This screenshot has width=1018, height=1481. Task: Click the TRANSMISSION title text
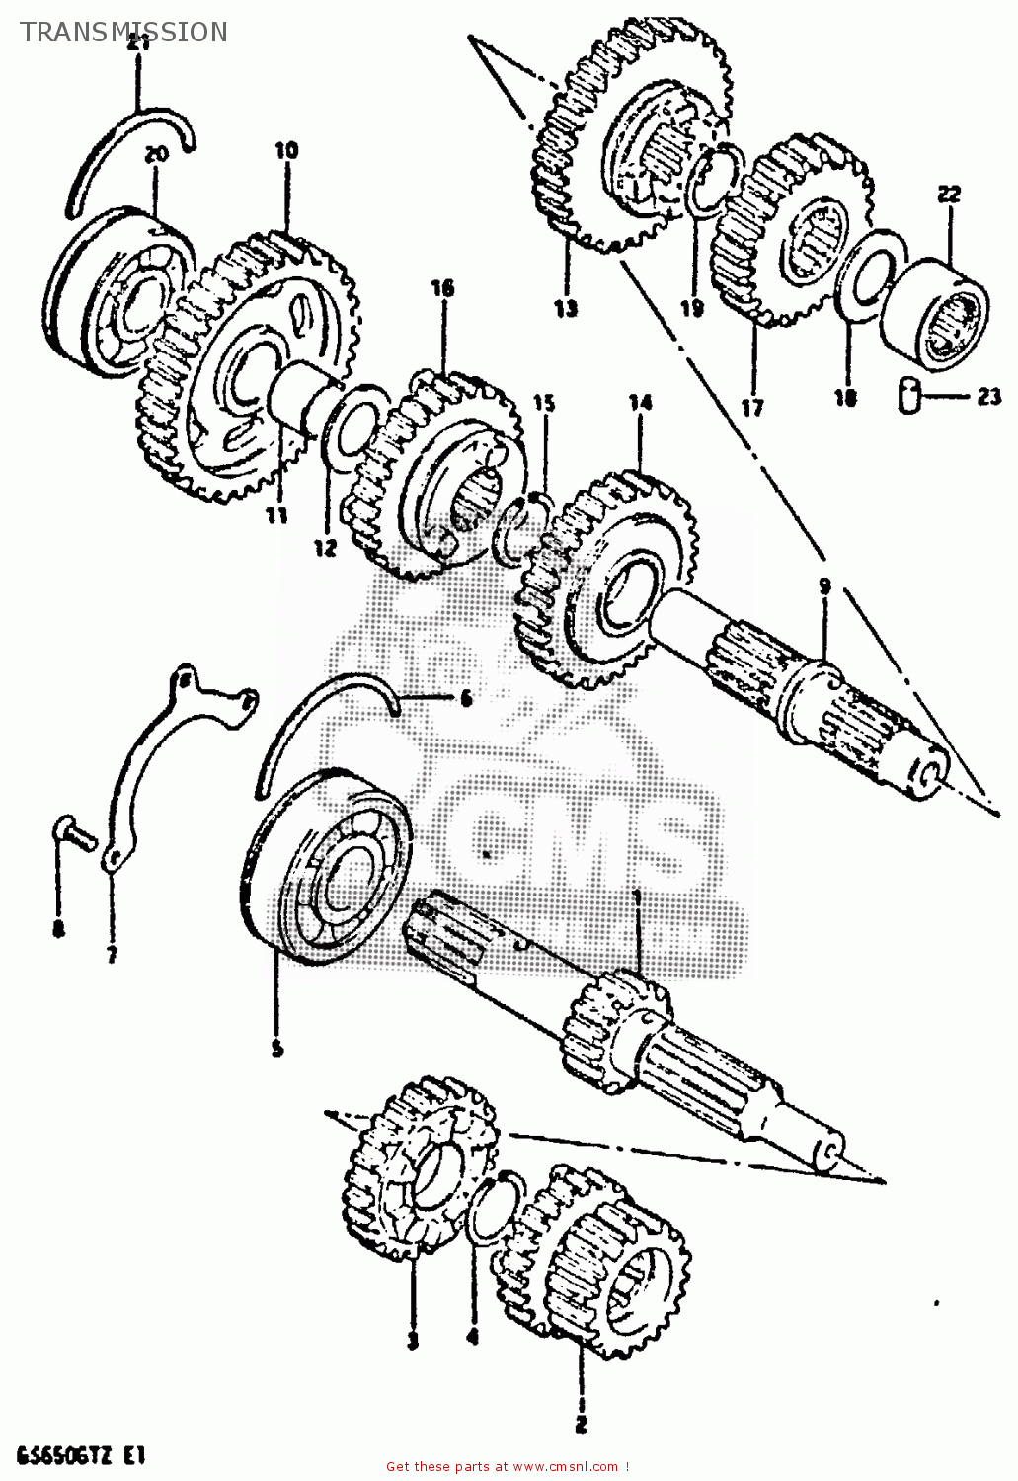click(123, 33)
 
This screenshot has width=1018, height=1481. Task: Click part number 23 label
click(989, 398)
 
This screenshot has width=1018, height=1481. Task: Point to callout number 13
click(565, 309)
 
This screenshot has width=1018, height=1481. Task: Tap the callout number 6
click(465, 699)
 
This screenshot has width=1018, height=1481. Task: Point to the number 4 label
click(472, 1338)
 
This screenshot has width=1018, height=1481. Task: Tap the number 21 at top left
click(138, 42)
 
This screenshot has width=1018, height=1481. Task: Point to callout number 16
click(441, 288)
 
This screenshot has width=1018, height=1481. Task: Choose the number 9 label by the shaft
click(824, 586)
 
